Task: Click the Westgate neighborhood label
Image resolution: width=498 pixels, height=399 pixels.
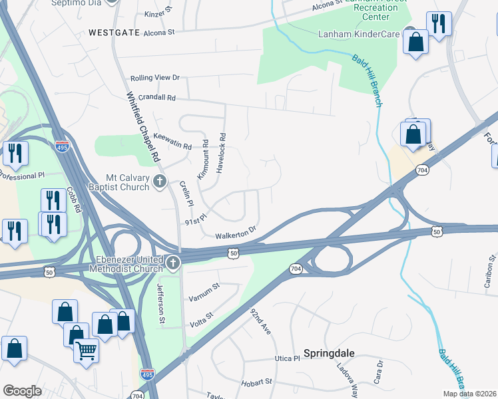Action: pos(113,32)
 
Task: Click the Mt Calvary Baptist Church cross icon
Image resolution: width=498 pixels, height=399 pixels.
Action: pos(159,181)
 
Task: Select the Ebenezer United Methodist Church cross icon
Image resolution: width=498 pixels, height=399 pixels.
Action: pos(173,263)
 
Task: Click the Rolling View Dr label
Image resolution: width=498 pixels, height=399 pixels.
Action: pos(155,78)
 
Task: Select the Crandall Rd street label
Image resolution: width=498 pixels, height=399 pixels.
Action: pos(153,97)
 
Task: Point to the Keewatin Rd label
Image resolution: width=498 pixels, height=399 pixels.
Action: pos(172,141)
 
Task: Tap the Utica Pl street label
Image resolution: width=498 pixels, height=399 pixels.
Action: pos(288,358)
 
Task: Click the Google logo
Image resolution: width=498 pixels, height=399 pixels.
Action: pos(22,391)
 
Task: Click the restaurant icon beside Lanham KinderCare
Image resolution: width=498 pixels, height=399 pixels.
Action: pos(439,24)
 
